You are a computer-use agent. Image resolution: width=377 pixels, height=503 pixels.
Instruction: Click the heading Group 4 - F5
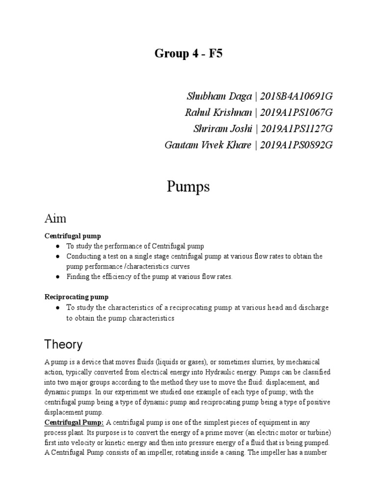[188, 54]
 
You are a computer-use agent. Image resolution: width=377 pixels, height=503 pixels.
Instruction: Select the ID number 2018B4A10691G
[296, 96]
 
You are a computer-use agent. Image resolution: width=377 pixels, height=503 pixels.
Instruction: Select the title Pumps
[188, 187]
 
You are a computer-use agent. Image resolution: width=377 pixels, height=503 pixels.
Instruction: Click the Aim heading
[55, 218]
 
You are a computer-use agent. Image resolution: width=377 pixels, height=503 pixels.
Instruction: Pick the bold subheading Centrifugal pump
[73, 236]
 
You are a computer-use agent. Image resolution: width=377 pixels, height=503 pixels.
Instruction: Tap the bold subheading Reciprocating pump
[77, 297]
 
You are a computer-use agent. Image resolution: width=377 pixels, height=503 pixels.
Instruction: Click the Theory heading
[63, 344]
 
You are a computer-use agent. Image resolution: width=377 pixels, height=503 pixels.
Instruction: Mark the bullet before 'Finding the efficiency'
[57, 277]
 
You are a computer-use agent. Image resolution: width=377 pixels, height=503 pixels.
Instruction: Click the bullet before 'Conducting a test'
[57, 256]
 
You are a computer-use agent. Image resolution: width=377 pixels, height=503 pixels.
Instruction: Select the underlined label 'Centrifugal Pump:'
[75, 422]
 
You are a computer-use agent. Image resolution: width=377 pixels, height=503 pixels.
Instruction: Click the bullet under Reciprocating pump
[57, 308]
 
